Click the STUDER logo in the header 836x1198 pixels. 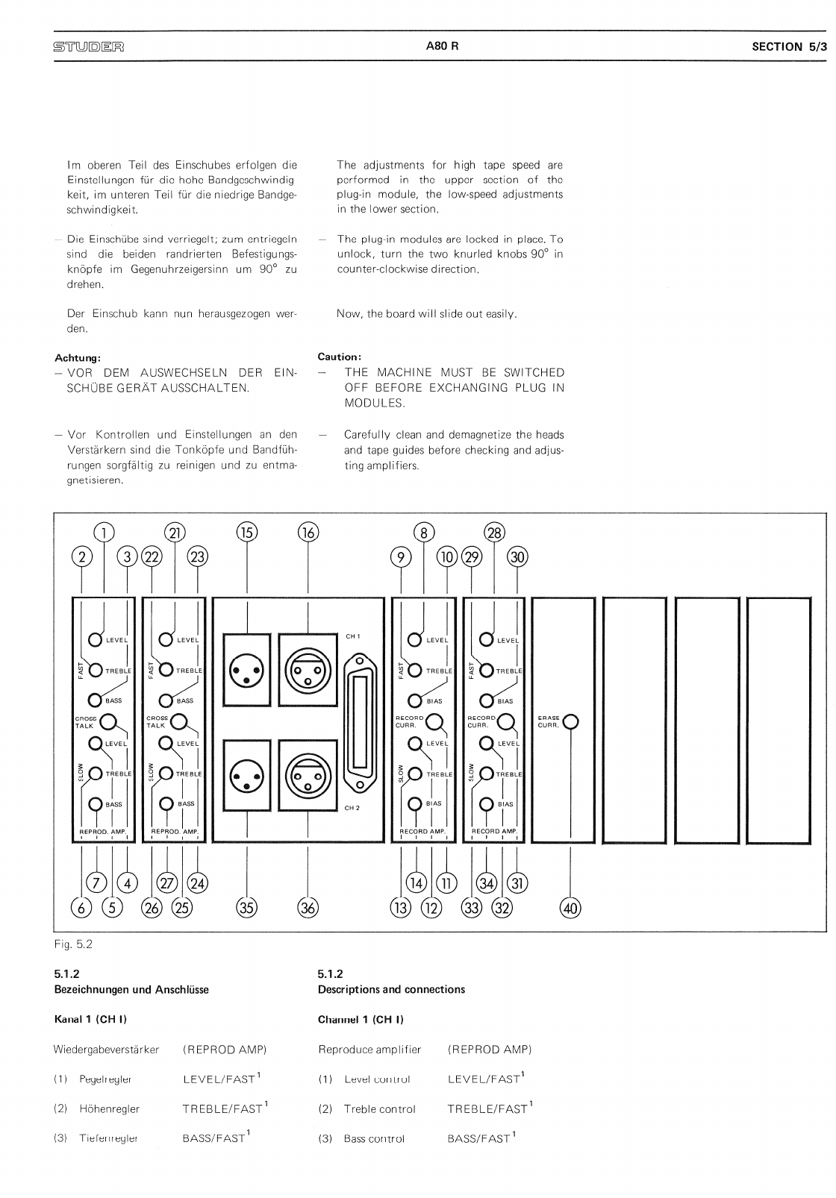tap(88, 46)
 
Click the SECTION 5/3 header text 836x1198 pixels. tap(789, 46)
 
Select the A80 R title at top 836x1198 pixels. tap(442, 46)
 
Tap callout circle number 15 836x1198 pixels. tap(246, 532)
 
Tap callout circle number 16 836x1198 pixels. tap(308, 532)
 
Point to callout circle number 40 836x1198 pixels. tap(570, 907)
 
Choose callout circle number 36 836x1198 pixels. tap(308, 907)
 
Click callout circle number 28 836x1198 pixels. tap(494, 532)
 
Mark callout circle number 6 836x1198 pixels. tap(81, 907)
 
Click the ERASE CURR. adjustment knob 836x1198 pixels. tap(570, 721)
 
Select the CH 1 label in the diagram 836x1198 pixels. tap(353, 636)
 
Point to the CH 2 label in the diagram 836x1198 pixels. tap(353, 807)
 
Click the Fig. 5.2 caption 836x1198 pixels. tap(73, 944)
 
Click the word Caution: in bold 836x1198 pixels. tap(340, 357)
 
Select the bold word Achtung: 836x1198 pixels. tap(78, 357)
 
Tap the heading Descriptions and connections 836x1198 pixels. tap(391, 989)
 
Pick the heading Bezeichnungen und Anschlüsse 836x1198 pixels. tap(131, 989)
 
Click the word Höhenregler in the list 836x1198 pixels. tap(110, 1108)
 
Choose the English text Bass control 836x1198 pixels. tap(374, 1138)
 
